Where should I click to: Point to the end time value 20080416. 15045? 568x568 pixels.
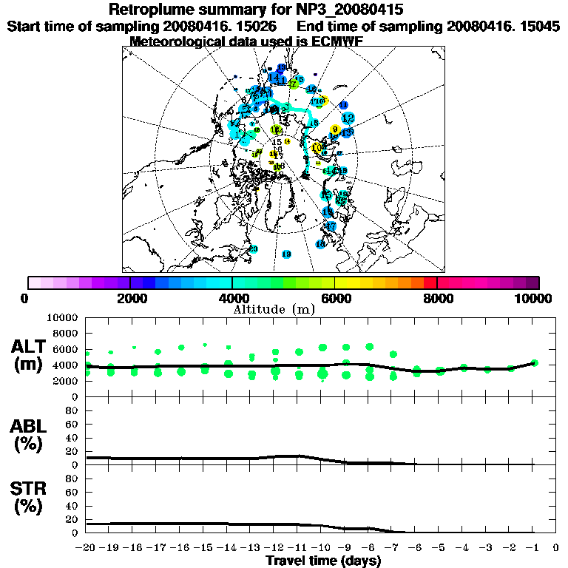click(503, 26)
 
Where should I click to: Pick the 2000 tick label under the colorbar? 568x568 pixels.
click(130, 298)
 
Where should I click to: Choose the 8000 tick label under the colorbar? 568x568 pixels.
click(437, 298)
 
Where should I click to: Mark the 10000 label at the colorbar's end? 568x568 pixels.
click(535, 298)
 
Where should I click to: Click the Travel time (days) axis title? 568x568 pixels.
click(323, 561)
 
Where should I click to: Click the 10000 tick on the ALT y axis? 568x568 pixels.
click(62, 317)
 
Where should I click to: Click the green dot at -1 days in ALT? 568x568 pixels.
click(534, 362)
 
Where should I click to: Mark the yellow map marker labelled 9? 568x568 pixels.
click(335, 129)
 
